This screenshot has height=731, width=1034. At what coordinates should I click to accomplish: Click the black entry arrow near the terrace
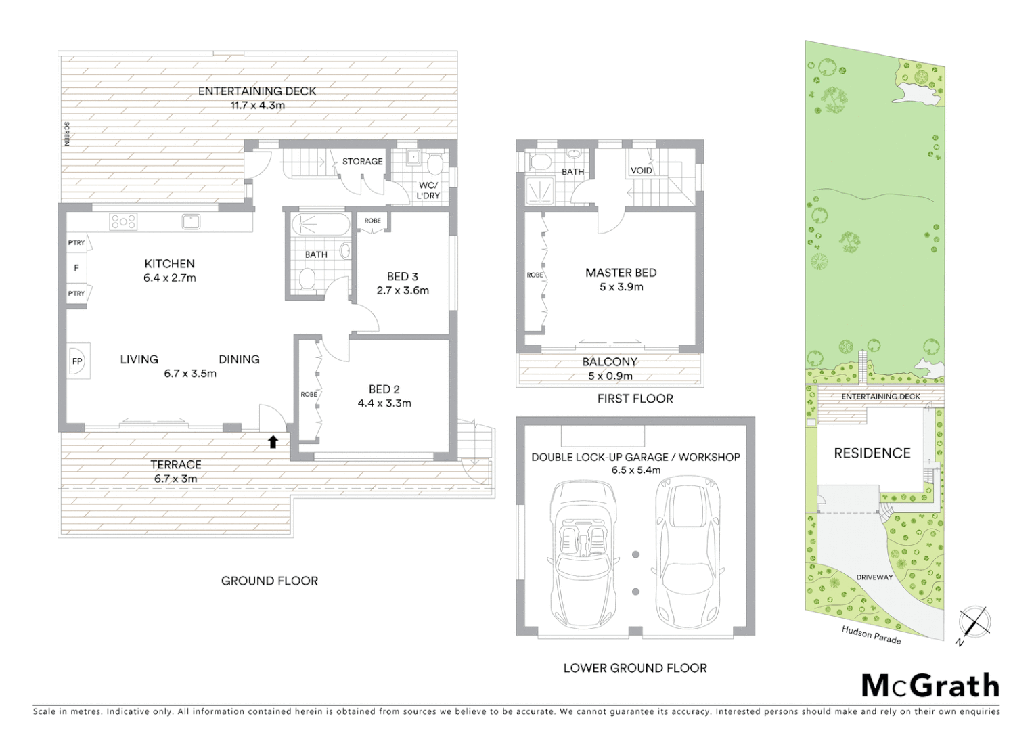[273, 442]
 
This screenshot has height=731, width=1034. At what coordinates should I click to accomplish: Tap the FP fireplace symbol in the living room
[77, 361]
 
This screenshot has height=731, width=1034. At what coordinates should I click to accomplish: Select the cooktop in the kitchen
[124, 221]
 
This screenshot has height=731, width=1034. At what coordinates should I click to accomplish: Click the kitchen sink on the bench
[190, 221]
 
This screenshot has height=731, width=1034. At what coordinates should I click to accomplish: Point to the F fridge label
[76, 268]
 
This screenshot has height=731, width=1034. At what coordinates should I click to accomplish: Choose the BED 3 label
[403, 276]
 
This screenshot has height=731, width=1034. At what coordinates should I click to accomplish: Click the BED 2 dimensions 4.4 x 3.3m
[384, 403]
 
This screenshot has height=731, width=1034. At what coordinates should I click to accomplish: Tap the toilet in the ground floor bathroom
[308, 279]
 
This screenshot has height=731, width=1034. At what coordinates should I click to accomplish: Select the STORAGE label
[362, 161]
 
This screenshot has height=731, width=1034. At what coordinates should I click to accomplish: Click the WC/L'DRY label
[428, 190]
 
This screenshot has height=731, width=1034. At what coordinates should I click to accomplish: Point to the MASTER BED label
[621, 273]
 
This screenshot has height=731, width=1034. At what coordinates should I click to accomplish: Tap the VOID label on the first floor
[641, 171]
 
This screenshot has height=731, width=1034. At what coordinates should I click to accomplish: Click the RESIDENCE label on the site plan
[872, 453]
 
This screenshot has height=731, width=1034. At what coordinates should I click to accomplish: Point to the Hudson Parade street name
[871, 635]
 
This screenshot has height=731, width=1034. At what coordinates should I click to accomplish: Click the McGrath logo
[930, 686]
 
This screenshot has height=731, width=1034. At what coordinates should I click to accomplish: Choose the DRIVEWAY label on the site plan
[874, 577]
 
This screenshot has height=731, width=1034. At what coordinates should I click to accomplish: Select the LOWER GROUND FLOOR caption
[635, 668]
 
